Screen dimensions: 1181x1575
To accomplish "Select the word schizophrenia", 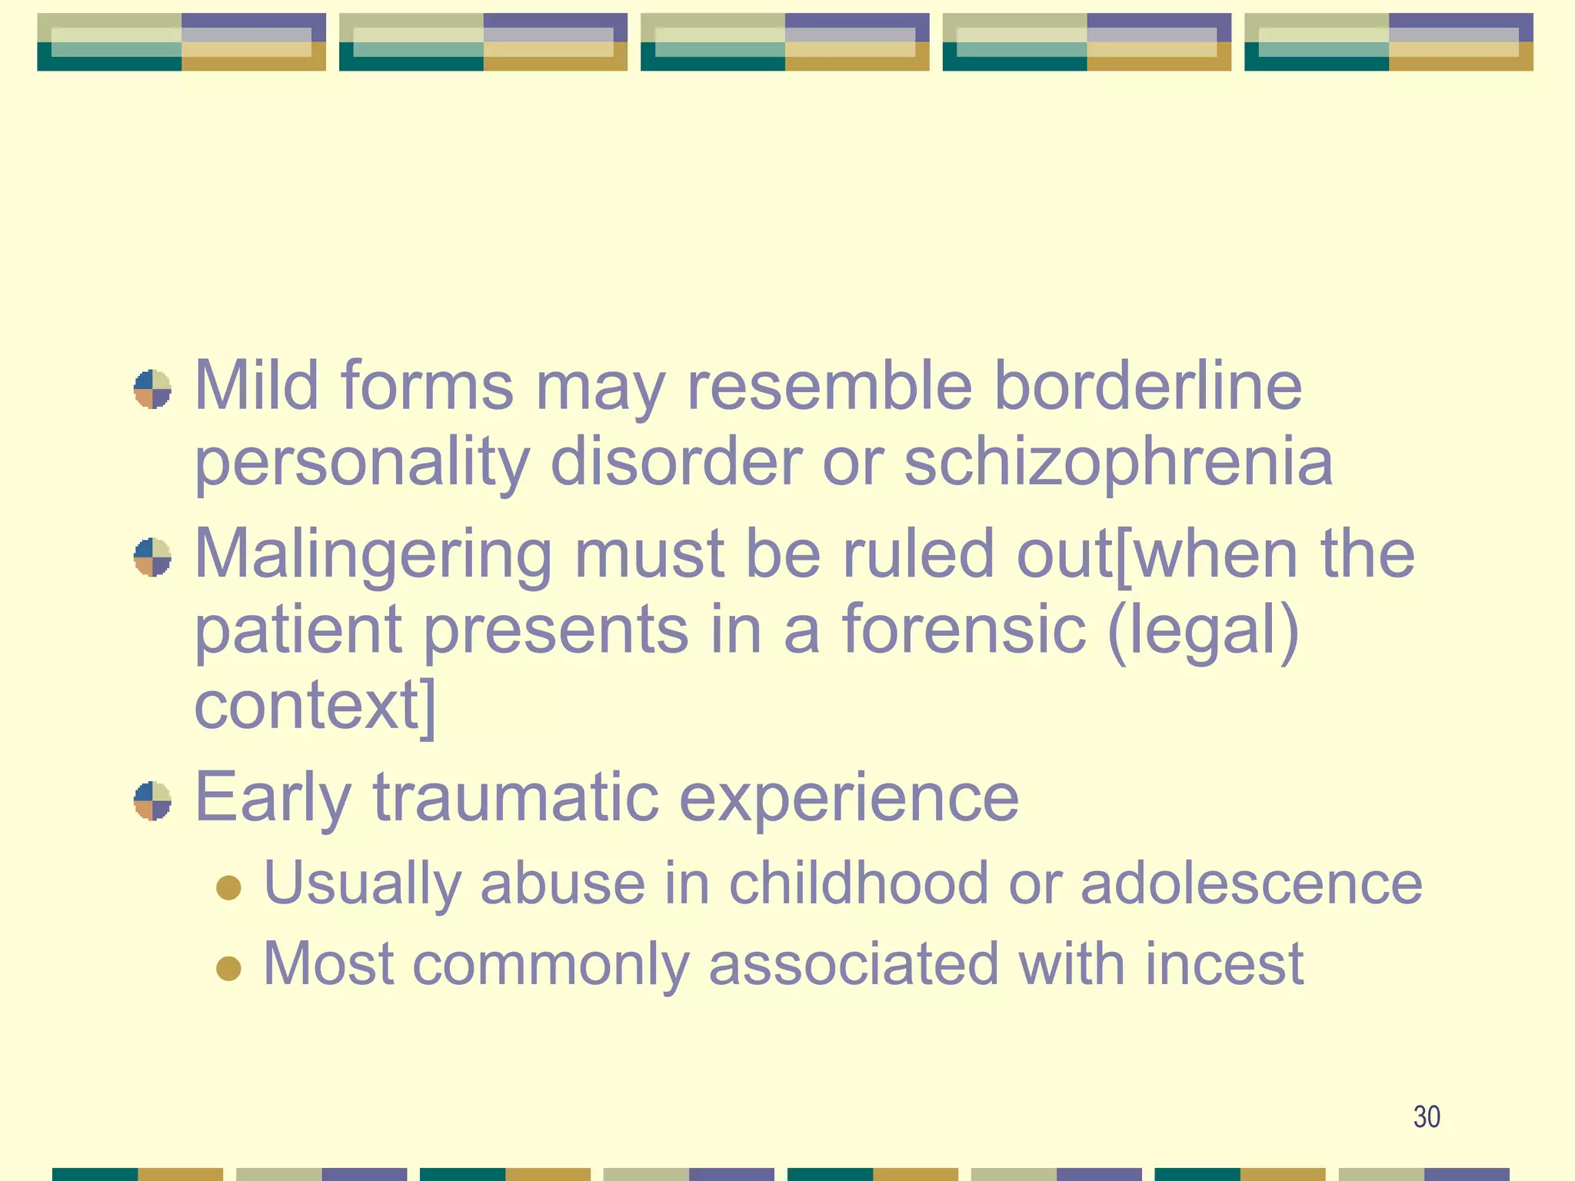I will click(1118, 464).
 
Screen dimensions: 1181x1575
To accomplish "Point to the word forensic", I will click(964, 629).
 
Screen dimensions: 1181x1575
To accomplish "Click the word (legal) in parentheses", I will click(1204, 632).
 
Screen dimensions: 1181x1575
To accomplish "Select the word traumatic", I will click(515, 798).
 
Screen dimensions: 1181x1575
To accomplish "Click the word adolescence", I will click(1251, 883).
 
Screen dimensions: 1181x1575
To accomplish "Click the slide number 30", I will click(1427, 1116).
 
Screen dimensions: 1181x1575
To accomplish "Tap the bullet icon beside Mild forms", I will click(152, 389).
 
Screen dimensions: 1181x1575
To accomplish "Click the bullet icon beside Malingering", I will click(152, 557).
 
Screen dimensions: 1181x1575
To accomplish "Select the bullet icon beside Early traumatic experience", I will click(152, 801).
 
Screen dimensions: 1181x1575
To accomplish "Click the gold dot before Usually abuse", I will click(228, 887).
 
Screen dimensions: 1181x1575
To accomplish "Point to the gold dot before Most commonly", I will click(228, 968).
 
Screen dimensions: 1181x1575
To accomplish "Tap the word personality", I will click(361, 464).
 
